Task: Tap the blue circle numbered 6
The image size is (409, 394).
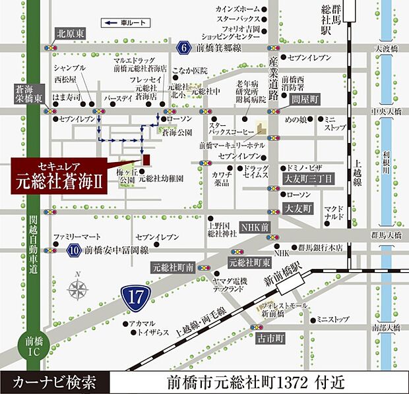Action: (x=183, y=47)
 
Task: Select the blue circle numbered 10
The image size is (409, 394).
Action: (x=75, y=250)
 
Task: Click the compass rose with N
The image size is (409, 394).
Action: (x=79, y=288)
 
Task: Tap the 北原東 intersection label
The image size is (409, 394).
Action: (x=71, y=32)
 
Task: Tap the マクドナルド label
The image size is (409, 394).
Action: (x=334, y=212)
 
